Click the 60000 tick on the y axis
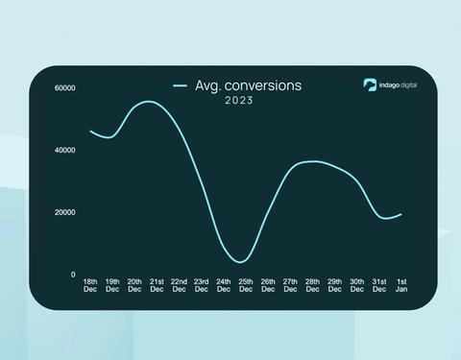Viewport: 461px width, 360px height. tap(65, 88)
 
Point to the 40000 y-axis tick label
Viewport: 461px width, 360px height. tap(65, 151)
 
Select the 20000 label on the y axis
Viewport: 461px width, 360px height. tap(65, 213)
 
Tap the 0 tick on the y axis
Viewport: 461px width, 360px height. tap(72, 275)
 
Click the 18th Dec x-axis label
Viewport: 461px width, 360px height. tap(90, 285)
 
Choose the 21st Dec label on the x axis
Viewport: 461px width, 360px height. tap(157, 285)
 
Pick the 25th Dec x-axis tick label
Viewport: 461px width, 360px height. tap(245, 285)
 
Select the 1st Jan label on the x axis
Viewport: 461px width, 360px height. tap(400, 285)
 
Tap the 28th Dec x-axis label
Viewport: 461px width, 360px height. tap(312, 285)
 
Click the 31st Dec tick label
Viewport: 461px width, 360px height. tap(378, 285)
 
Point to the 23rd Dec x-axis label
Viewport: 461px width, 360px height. tap(201, 285)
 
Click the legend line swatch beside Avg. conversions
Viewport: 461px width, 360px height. tap(180, 86)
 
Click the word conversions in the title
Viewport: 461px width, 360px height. tap(261, 85)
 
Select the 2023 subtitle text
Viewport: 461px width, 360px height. tap(238, 101)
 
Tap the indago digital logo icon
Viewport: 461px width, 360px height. tap(370, 84)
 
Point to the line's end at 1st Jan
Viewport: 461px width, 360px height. tap(400, 214)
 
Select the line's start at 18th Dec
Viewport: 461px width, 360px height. tap(90, 131)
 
